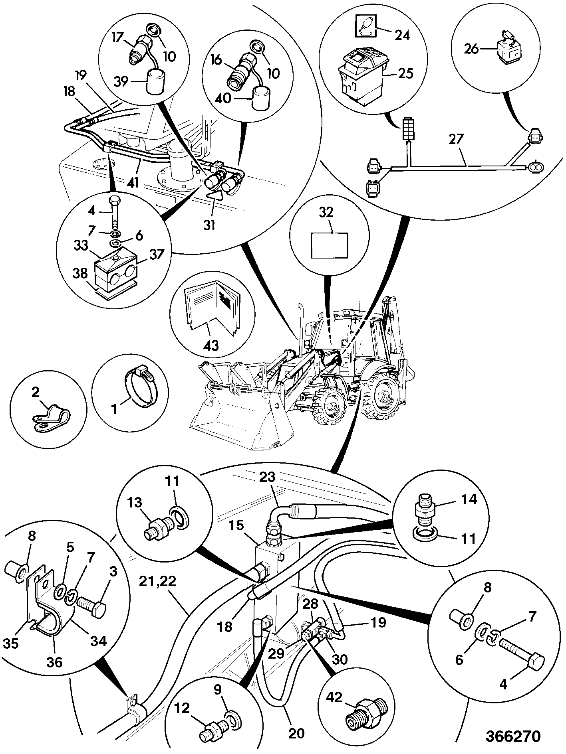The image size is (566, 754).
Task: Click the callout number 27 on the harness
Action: click(x=456, y=139)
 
